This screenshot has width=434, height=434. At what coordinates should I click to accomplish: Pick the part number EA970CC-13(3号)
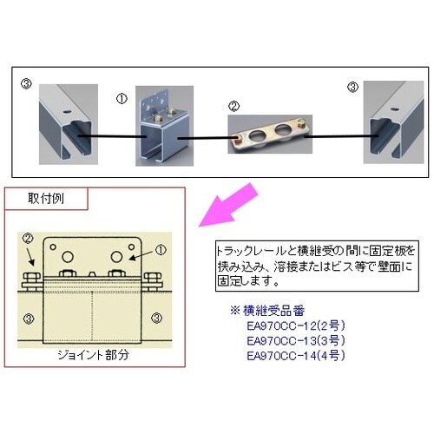(293, 340)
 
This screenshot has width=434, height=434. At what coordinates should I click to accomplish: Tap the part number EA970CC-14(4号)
(293, 354)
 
